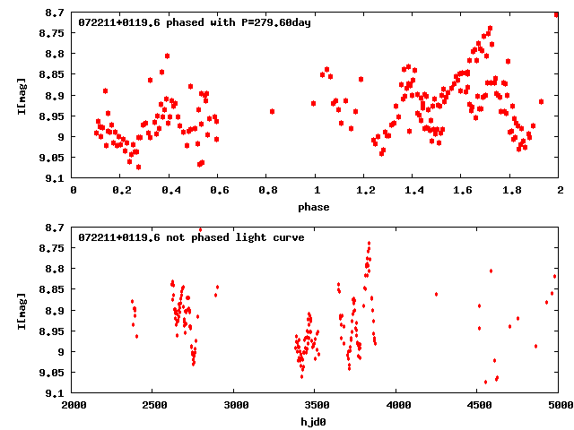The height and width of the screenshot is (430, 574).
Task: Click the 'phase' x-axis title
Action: click(314, 207)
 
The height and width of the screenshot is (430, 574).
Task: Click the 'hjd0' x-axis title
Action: click(314, 422)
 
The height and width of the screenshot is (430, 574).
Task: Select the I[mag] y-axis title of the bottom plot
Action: click(22, 311)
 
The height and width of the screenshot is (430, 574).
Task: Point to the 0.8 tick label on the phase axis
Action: click(266, 191)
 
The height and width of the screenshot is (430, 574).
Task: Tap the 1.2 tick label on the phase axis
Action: click(364, 191)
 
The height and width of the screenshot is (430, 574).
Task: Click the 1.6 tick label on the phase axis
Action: click(462, 191)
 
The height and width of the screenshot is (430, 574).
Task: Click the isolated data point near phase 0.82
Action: click(272, 111)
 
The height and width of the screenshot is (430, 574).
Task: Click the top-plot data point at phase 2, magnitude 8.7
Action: click(557, 14)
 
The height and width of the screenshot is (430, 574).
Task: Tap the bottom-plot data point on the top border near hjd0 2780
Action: click(200, 230)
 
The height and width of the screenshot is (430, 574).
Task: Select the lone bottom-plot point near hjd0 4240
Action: click(436, 294)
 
